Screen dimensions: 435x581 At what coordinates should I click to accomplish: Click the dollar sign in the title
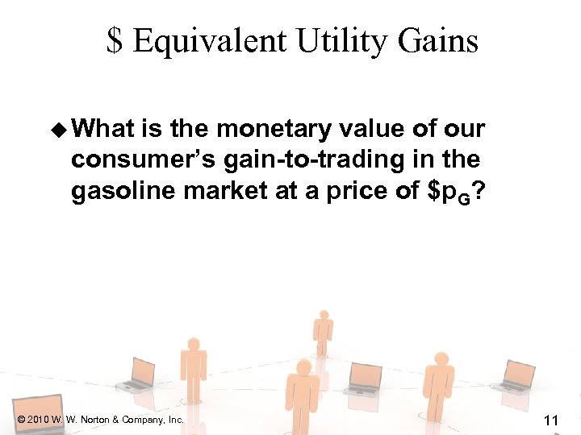115,40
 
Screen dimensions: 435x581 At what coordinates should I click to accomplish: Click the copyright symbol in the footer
20,420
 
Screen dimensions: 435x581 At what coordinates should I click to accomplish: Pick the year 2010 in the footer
37,420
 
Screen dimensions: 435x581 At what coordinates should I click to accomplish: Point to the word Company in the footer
143,420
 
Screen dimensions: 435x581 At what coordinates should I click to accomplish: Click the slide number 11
552,419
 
